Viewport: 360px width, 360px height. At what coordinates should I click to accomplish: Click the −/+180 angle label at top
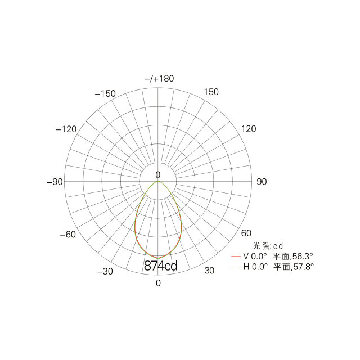coord(159,79)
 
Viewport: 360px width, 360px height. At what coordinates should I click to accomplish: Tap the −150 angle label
coord(105,94)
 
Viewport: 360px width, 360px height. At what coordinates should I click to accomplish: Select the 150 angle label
coord(211,92)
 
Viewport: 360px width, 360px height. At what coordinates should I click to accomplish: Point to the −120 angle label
coord(66,129)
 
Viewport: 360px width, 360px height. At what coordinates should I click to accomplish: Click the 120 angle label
coord(249,129)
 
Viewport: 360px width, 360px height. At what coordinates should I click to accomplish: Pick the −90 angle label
coord(55,182)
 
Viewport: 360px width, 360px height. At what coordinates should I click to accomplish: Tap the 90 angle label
coord(262,182)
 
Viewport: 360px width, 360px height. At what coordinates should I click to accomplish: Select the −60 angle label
coord(67,235)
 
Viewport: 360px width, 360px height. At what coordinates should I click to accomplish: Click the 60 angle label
coord(246,233)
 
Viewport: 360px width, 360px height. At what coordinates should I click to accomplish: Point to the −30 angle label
coord(105,272)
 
